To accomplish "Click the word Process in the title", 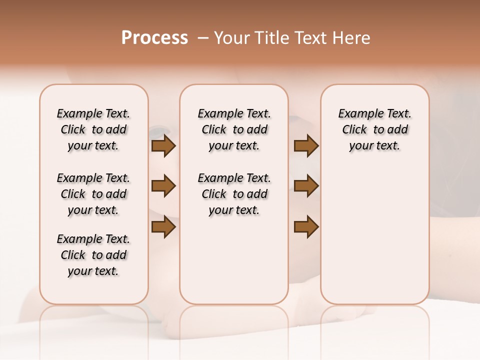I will click(x=154, y=38).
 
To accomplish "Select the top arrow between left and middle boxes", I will click(x=163, y=146).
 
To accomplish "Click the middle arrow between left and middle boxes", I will click(x=163, y=186).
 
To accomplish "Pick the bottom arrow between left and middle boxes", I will click(x=163, y=227).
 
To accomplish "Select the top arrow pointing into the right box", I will click(x=306, y=146).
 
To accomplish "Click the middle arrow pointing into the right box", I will click(x=306, y=186).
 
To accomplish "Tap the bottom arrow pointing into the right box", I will click(x=306, y=227).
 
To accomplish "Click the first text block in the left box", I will click(x=93, y=129).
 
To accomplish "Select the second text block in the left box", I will click(x=93, y=194).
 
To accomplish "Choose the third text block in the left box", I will click(x=93, y=255).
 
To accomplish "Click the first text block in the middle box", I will click(x=234, y=129).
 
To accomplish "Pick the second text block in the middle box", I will click(x=234, y=194).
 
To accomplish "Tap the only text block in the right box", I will click(x=374, y=129).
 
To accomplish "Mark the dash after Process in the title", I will click(x=203, y=38).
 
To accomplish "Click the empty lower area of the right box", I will click(x=374, y=240).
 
